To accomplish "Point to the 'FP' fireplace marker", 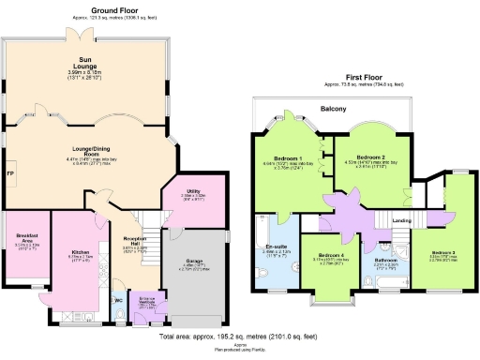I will click(9, 173).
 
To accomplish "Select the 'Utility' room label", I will click(193, 190).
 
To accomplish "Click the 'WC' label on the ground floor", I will click(118, 300).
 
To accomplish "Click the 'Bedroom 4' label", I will click(330, 255).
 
